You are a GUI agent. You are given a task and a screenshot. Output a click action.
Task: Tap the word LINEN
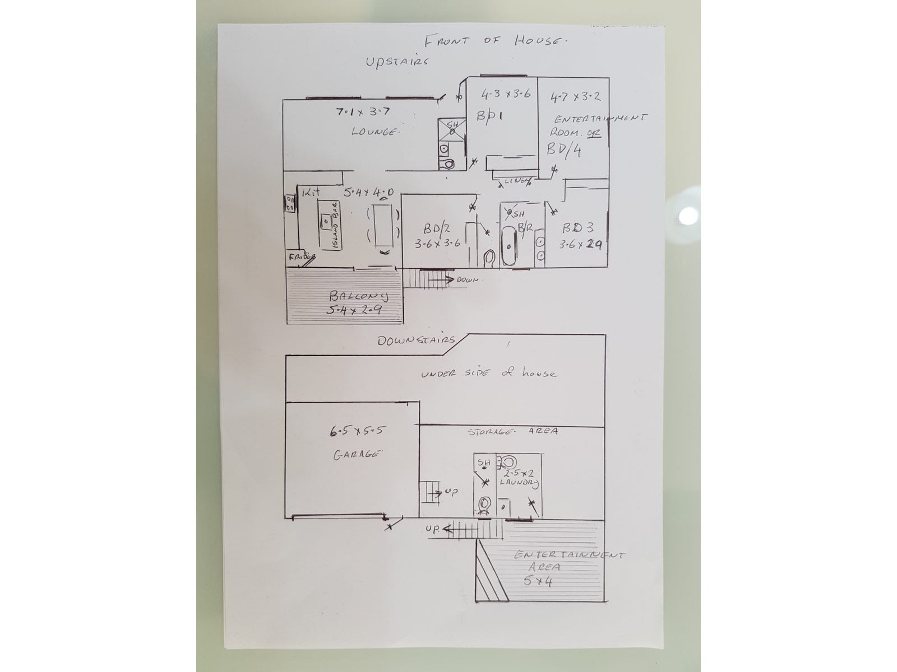(x=515, y=180)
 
